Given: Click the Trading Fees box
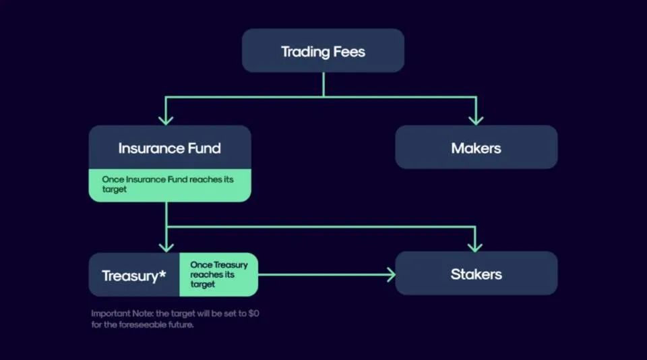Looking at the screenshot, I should pyautogui.click(x=323, y=51).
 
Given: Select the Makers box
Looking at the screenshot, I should pyautogui.click(x=476, y=147).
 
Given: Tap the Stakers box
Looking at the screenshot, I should pyautogui.click(x=476, y=274).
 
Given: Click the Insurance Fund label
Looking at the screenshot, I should pyautogui.click(x=169, y=148).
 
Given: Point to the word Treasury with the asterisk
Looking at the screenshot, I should pyautogui.click(x=133, y=276).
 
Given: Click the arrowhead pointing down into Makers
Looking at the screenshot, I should pyautogui.click(x=476, y=119).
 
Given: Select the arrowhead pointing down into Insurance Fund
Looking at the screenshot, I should pyautogui.click(x=166, y=119).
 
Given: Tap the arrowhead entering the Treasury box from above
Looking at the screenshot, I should pyautogui.click(x=166, y=245).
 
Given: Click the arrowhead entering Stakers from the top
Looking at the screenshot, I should pyautogui.click(x=476, y=245).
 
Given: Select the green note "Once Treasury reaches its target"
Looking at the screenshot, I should pyautogui.click(x=218, y=274).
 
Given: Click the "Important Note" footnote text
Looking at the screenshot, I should pyautogui.click(x=175, y=318).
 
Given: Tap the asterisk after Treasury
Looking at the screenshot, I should pyautogui.click(x=162, y=273).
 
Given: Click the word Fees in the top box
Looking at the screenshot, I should pyautogui.click(x=347, y=51).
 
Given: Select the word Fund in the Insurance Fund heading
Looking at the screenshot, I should pyautogui.click(x=204, y=148).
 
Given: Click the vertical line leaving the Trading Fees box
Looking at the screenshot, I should pyautogui.click(x=323, y=84).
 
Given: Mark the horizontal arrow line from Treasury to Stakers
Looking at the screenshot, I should pyautogui.click(x=323, y=274).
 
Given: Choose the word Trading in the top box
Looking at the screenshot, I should pyautogui.click(x=304, y=51).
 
